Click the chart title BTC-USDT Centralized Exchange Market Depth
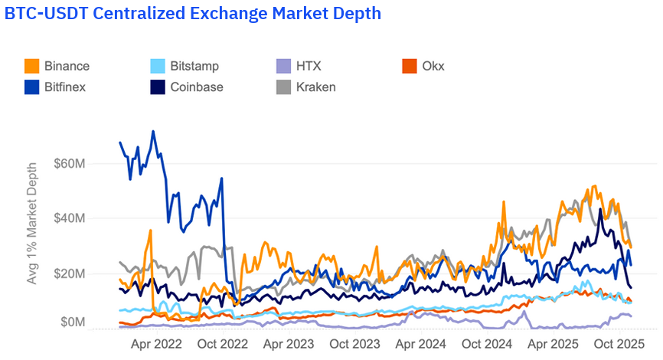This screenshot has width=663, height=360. coord(193,14)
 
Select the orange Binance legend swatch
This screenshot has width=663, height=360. coord(31,66)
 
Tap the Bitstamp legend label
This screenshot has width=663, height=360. coord(194,66)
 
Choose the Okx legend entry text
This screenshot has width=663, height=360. coord(433,66)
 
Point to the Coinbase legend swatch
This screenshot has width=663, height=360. coord(157,87)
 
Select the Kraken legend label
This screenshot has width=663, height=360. coord(316,87)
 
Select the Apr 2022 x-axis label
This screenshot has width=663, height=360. coord(158,344)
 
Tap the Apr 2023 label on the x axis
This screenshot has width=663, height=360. coord(289,344)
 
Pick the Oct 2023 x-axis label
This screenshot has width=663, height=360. coord(355,344)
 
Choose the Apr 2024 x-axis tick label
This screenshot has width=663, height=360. coord(420,344)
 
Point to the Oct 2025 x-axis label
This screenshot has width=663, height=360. coord(619,344)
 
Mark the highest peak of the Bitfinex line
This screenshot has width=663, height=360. coord(153,131)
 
